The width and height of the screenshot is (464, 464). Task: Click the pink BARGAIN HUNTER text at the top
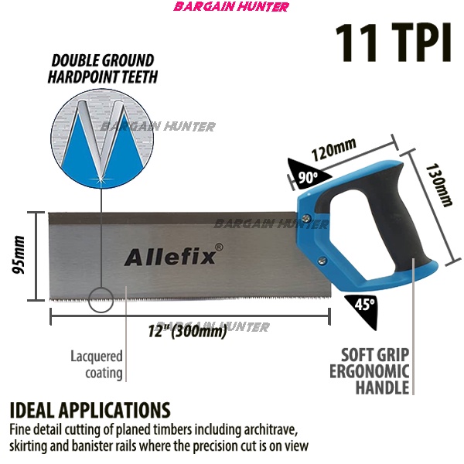pos(232,7)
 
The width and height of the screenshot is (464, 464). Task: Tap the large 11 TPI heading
pos(392,43)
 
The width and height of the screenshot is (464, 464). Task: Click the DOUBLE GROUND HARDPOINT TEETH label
pos(101,69)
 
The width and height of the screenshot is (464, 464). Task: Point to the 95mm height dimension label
pos(20,255)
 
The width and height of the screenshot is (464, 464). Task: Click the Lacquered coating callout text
pos(97,365)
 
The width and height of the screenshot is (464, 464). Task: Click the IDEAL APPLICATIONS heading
pos(90,410)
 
